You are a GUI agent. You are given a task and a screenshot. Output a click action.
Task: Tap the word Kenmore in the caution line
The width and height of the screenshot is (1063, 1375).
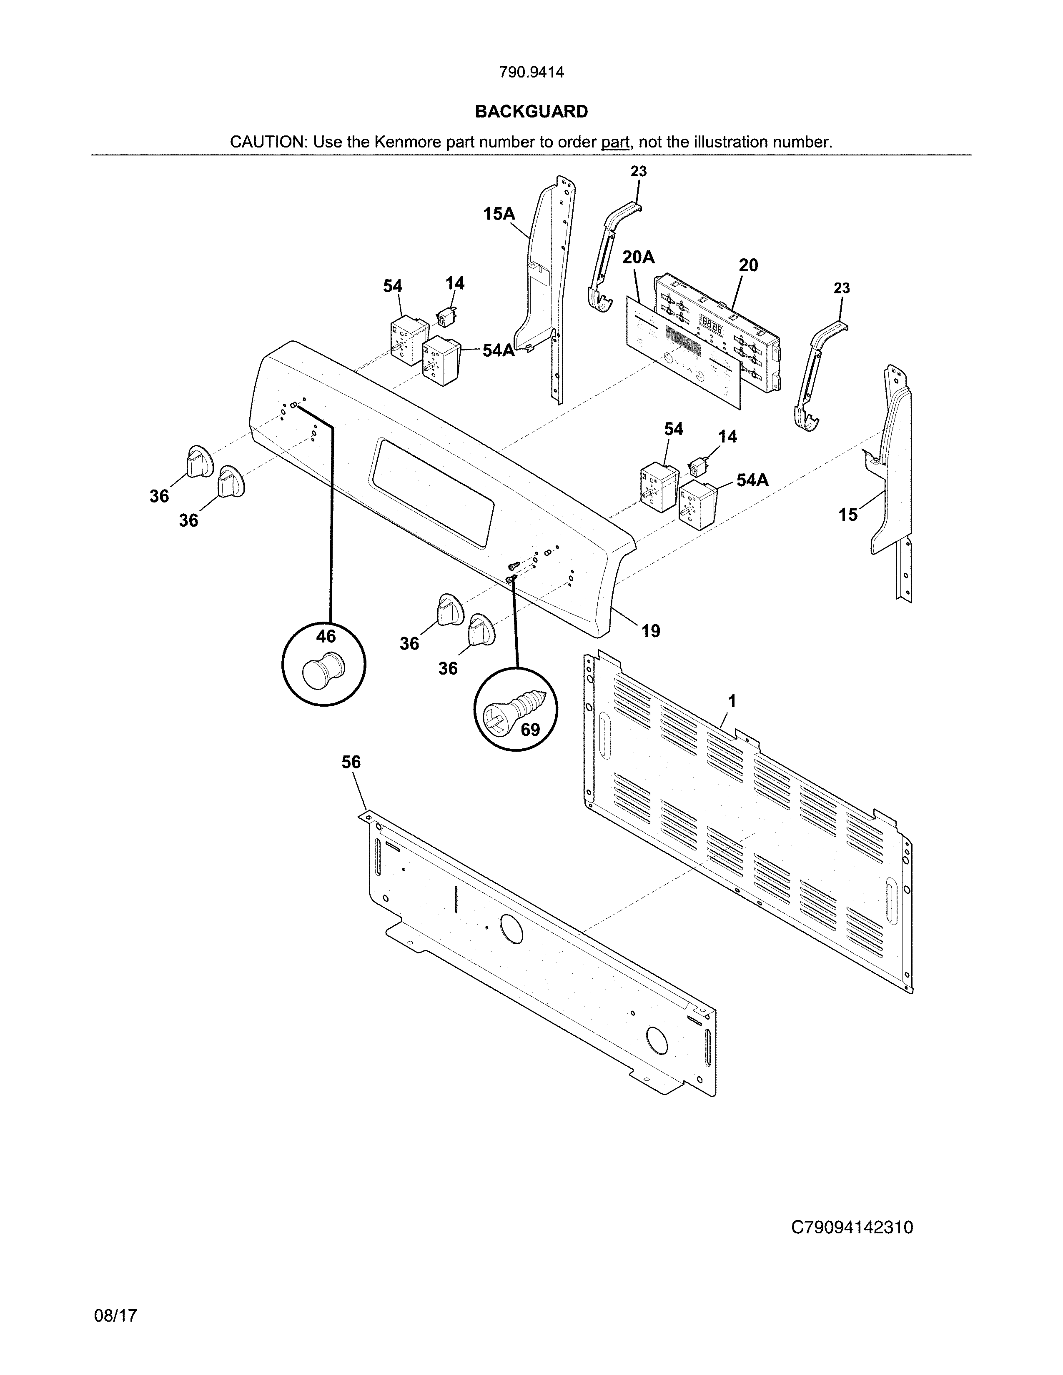tap(408, 142)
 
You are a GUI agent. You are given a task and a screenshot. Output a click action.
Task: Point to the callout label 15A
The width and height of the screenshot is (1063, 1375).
tap(499, 214)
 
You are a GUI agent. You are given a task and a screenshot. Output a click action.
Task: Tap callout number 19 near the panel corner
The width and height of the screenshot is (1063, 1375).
tap(651, 630)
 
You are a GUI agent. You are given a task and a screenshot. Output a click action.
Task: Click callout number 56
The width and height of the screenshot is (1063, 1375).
tap(351, 762)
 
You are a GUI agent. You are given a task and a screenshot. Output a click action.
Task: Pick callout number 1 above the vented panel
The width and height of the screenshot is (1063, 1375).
tap(731, 701)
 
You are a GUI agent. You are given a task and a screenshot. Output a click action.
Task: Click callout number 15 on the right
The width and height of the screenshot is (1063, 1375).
tap(847, 515)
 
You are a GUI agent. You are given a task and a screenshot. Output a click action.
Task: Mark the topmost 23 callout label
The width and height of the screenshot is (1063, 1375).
tap(639, 171)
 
